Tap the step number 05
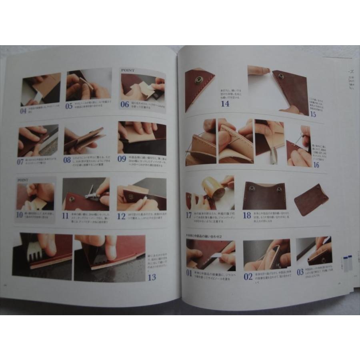(70, 106)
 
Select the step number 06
(124, 105)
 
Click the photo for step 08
(84, 141)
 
